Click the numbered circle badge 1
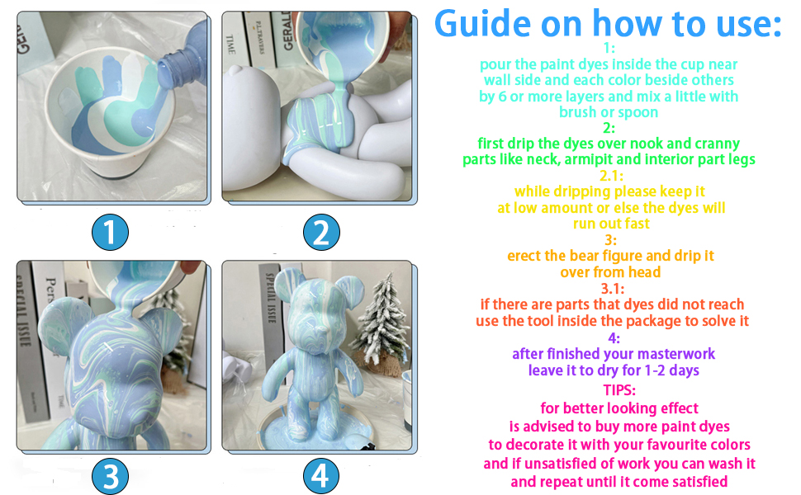[x=110, y=232]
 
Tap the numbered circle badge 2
[x=320, y=232]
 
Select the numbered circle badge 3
[x=110, y=475]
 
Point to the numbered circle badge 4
[x=320, y=475]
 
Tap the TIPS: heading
[x=619, y=390]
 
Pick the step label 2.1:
[x=611, y=176]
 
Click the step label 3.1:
[x=613, y=289]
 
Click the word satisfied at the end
[x=700, y=482]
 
